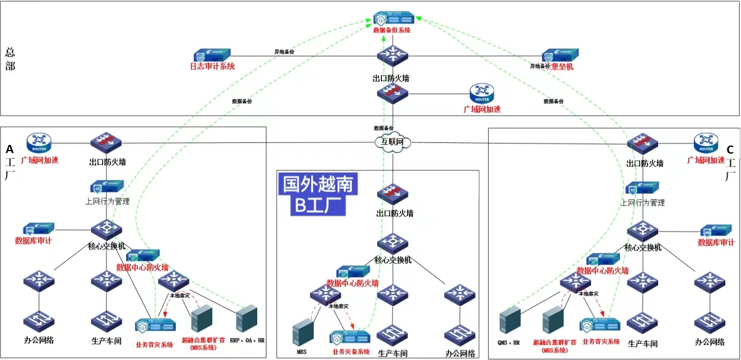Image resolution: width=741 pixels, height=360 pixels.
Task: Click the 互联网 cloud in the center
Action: pyautogui.click(x=393, y=142)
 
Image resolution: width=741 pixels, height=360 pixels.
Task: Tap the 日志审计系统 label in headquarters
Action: pyautogui.click(x=212, y=66)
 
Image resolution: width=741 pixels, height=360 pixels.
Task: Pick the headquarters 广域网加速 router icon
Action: pyautogui.click(x=482, y=94)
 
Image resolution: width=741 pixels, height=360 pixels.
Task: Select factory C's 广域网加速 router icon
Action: pyautogui.click(x=706, y=142)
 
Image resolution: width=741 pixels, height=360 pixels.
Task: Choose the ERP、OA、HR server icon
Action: pyautogui.click(x=247, y=318)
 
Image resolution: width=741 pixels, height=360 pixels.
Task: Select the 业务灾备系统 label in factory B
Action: pyautogui.click(x=351, y=352)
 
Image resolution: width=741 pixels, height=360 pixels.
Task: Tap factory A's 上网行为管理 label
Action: pyautogui.click(x=107, y=201)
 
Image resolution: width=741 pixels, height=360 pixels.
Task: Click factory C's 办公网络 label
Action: pyautogui.click(x=710, y=342)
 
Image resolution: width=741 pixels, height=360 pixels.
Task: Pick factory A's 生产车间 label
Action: pyautogui.click(x=106, y=342)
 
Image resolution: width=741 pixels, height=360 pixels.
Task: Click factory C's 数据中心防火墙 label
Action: pyautogui.click(x=603, y=271)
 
